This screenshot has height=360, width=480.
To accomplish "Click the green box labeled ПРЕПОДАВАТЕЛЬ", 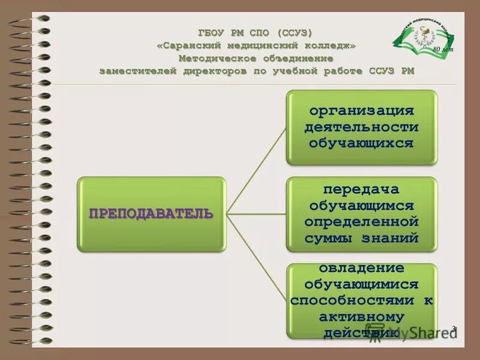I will point(151,214).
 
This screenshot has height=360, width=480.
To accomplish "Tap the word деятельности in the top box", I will point(361,127).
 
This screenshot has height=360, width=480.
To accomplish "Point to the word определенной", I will point(361,221).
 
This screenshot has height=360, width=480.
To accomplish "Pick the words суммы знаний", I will point(361,238).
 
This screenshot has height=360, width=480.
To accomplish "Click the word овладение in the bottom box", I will point(361,268).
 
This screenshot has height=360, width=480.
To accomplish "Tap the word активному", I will point(361,316).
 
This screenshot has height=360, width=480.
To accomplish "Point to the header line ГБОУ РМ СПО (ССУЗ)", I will point(256,32).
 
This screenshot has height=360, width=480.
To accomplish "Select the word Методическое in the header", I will point(217,58).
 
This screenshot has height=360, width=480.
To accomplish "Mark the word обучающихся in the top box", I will point(361,143).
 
